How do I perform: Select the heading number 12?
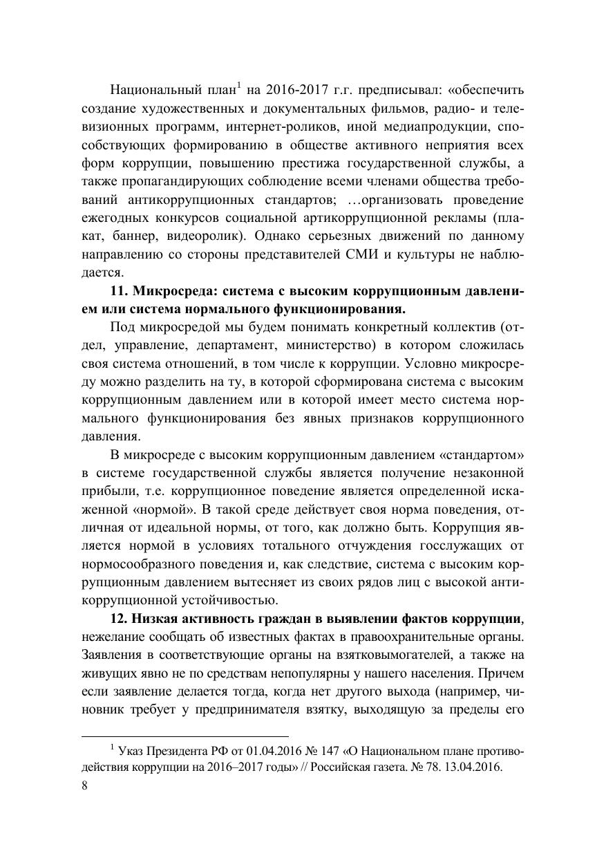120,617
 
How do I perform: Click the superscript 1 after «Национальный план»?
238,86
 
